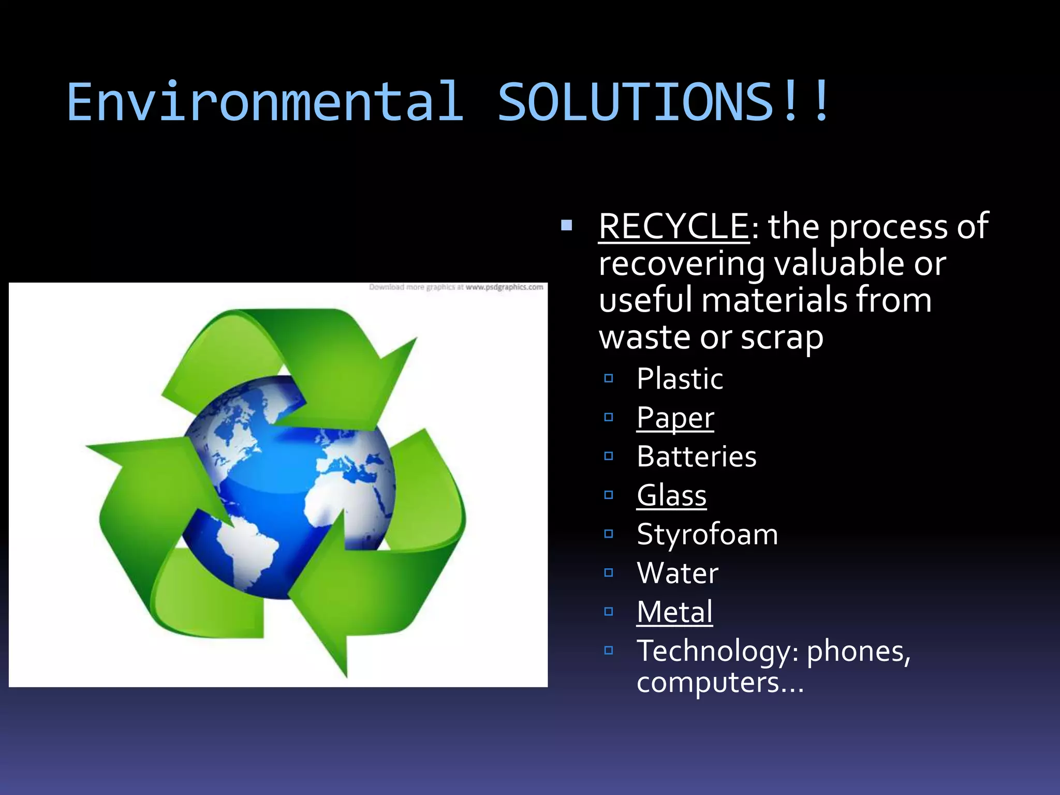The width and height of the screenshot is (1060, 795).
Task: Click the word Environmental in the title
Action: (x=264, y=102)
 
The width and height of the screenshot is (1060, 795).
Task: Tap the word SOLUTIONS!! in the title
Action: (x=665, y=102)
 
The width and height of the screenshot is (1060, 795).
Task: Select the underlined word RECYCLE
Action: (x=673, y=226)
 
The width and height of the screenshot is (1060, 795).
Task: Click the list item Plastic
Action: (x=680, y=378)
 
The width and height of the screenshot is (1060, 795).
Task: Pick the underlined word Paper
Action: (x=675, y=417)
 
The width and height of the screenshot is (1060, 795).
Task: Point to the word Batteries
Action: (x=697, y=457)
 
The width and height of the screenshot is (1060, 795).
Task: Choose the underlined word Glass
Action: (x=671, y=495)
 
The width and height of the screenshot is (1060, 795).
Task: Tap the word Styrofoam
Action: (x=707, y=534)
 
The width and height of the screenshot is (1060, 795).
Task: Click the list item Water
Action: (x=678, y=573)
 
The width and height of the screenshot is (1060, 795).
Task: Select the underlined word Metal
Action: (x=674, y=612)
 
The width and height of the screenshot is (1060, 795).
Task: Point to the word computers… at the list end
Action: (x=720, y=682)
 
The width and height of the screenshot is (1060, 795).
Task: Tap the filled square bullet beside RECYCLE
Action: (x=566, y=225)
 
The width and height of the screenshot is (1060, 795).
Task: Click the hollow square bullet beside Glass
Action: (x=609, y=495)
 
